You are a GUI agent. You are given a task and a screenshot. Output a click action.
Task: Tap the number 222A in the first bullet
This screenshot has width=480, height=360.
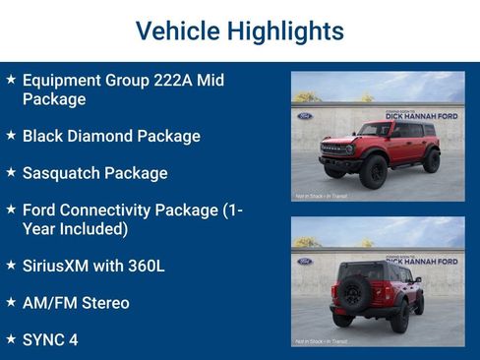[174, 81]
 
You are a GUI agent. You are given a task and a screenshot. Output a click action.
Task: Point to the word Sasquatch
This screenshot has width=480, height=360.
[65, 173]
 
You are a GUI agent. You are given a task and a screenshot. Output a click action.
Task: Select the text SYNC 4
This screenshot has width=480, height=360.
[49, 339]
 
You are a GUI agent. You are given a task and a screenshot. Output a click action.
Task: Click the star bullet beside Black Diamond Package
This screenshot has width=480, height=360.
[10, 134]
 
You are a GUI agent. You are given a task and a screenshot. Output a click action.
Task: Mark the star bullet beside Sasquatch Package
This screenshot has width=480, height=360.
[10, 171]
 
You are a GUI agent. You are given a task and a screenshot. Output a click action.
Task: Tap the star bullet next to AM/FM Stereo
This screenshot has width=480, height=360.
[10, 301]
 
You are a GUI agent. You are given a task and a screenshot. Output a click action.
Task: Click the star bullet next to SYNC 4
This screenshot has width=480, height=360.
[10, 337]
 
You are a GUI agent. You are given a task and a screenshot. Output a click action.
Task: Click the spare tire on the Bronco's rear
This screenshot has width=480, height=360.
[354, 292]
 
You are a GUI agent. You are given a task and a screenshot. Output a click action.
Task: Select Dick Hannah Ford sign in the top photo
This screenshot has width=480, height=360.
[420, 116]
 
